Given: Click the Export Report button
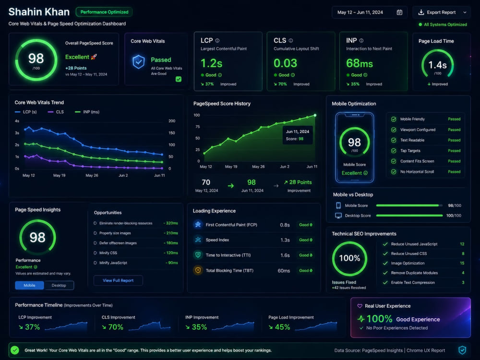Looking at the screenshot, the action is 441,12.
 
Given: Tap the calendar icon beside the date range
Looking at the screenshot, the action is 399,12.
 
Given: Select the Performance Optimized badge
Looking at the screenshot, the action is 104,12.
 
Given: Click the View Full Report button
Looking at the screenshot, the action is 118,280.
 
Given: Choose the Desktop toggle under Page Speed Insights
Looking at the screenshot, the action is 59,285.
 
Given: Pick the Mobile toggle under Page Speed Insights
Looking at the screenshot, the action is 29,285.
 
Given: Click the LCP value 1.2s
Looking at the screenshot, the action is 211,63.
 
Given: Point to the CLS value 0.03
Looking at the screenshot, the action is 285,63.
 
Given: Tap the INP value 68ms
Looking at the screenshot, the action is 360,63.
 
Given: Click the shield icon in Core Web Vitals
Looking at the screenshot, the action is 138,61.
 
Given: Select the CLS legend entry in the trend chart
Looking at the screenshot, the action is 56,112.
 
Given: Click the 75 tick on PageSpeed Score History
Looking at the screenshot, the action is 197,127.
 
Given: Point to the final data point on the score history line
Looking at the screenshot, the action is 315,115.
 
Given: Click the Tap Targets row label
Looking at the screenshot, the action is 410,151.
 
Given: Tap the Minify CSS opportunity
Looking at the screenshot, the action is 108,253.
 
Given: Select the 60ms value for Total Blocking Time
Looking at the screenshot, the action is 284,271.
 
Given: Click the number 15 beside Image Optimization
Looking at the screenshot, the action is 462,263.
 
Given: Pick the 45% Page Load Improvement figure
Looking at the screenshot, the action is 282,327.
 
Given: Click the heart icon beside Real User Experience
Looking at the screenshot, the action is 360,306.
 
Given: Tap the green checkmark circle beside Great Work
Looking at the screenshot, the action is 15,350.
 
